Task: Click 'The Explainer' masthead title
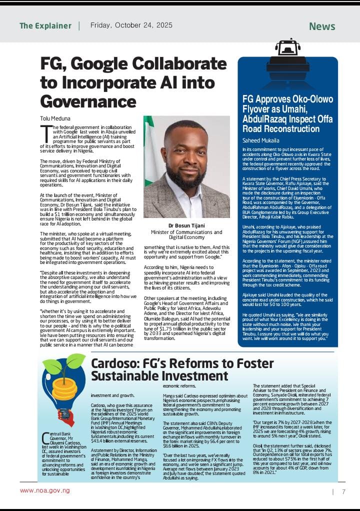pos(45,25)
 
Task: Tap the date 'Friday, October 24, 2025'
pos(131,25)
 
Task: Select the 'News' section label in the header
pos(322,26)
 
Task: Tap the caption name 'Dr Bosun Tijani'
pos(186,225)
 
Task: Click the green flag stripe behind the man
pos(148,150)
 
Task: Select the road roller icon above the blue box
pos(288,53)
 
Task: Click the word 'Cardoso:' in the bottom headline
pos(115,363)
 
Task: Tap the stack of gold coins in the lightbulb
pos(64,388)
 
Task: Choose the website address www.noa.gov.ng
pos(44,490)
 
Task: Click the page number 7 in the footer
pos(343,491)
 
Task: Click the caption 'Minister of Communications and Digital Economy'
pos(186,235)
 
